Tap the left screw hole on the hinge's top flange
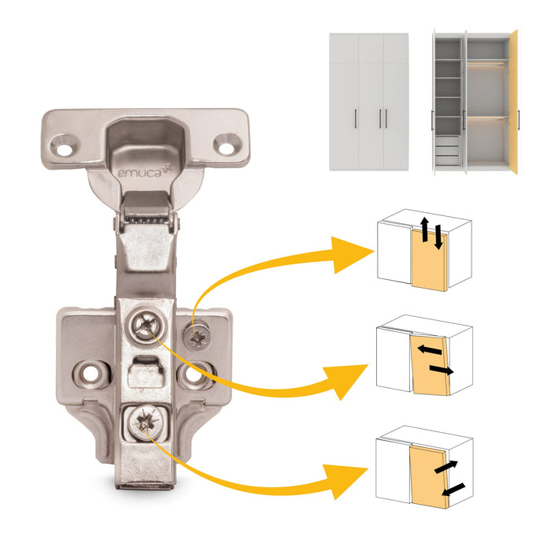63,144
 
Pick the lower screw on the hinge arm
145,420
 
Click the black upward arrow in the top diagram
424,229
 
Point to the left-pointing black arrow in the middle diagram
427,348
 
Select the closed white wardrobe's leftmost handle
357,118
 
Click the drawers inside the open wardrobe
446,150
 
